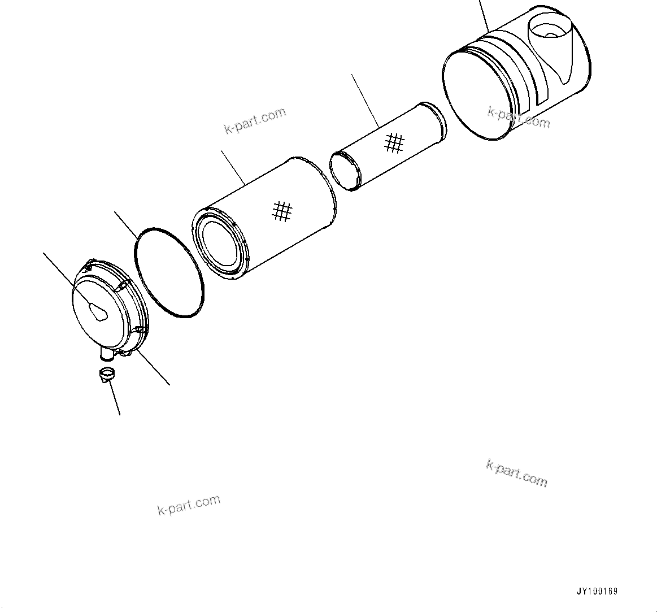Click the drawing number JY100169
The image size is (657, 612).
pos(597,592)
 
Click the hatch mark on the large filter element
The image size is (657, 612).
pos(281,211)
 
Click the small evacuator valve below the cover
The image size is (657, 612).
pos(106,375)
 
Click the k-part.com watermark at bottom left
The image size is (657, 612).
pos(189,505)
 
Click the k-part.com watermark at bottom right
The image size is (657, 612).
pos(516,473)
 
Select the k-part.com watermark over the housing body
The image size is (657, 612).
pos(519,117)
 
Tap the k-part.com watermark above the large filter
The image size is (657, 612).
pos(255,121)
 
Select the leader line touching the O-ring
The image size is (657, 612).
pos(125,223)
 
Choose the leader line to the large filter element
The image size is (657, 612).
pos(232,167)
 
